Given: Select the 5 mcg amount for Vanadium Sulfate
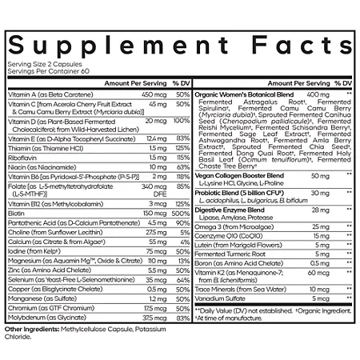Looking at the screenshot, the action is point(319,299).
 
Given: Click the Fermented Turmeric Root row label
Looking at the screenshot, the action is point(233,254).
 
